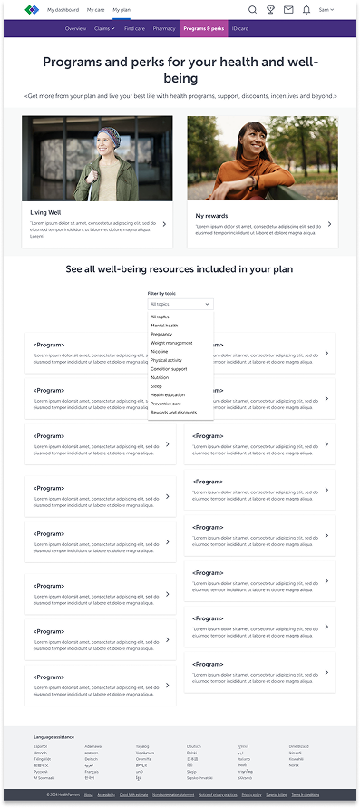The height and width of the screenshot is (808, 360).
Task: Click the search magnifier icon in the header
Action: (252, 10)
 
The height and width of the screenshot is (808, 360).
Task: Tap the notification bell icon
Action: (306, 10)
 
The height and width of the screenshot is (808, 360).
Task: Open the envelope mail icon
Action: (288, 10)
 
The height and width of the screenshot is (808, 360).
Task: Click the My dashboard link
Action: (63, 9)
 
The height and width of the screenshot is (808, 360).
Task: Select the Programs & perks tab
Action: (203, 29)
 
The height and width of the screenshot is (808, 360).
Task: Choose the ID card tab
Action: (240, 29)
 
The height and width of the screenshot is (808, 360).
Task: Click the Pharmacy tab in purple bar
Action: (164, 29)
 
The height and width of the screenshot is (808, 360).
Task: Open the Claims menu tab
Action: (104, 29)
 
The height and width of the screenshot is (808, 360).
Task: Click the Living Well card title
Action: (45, 212)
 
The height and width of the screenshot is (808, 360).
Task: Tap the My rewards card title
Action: (212, 216)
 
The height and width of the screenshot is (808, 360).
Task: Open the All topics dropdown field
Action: (180, 305)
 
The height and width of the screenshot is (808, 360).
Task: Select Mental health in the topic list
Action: (165, 326)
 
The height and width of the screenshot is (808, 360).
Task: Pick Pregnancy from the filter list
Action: (161, 334)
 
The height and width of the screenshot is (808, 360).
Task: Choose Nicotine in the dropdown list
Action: (161, 352)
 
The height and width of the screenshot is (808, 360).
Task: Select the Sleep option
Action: (157, 386)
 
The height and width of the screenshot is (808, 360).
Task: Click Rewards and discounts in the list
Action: (173, 413)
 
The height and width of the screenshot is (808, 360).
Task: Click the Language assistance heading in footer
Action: (54, 737)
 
